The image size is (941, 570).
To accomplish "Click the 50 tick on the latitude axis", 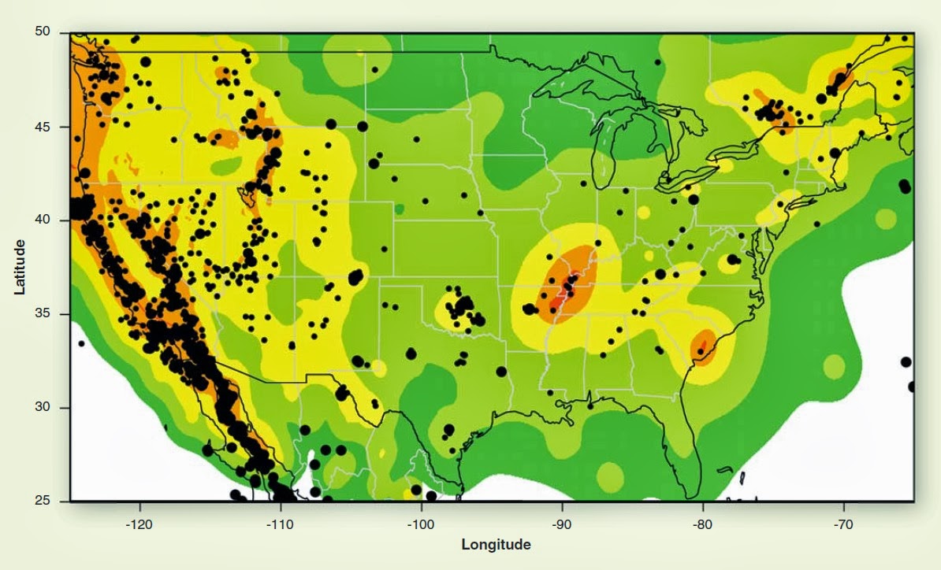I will pos(43,31).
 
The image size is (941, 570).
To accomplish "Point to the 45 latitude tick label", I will pos(43,127).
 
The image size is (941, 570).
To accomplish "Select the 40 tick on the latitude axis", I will pos(43,220).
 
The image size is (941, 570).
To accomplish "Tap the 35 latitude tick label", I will pos(43,314).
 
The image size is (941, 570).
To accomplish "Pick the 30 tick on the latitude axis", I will pos(43,407).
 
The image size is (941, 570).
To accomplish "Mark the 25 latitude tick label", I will pos(43,501).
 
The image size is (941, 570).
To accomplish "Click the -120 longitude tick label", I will pos(139,523).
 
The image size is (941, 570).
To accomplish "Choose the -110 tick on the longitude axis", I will pos(280,523).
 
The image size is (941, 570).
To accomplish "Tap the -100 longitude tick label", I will pos(420,523).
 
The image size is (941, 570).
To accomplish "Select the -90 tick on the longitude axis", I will pos(561,523).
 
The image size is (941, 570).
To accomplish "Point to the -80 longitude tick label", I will pos(702,523).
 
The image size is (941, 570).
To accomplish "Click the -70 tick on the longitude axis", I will pos(843,523).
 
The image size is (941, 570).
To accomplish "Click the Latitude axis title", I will pos(20,267).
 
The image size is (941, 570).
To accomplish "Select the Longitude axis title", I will pos(496,545).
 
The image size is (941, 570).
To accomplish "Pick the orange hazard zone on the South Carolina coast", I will pos(702,346).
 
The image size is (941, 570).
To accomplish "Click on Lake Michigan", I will pos(604,154).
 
